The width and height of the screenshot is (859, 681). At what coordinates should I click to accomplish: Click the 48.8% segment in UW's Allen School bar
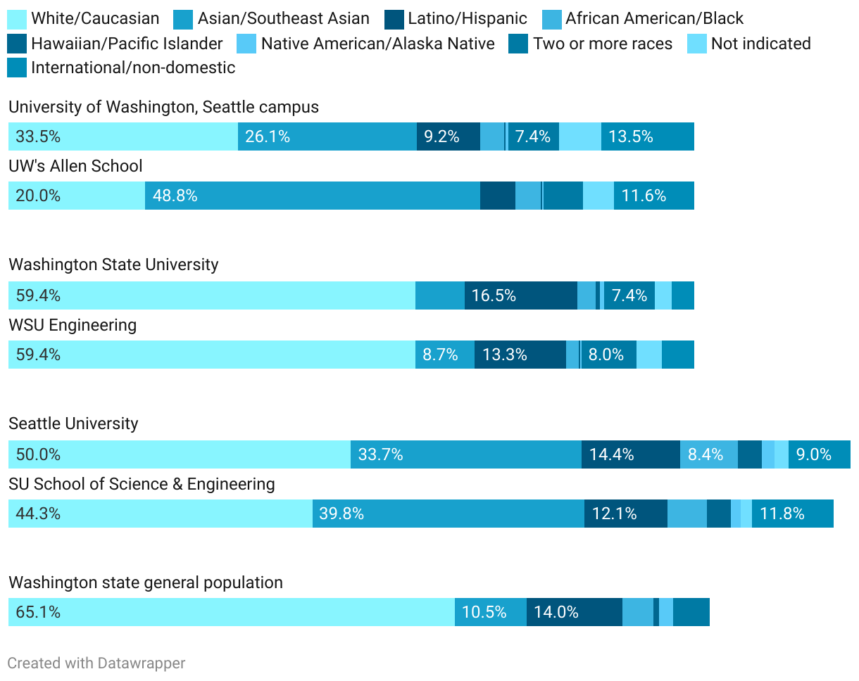point(312,196)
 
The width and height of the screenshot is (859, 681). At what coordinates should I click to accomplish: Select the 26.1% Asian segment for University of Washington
point(327,136)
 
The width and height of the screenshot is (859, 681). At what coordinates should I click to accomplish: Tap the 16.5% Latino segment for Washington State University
point(520,295)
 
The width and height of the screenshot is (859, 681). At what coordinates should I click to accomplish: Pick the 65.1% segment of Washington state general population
point(231,612)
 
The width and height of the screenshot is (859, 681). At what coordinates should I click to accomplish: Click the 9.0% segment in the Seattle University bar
point(819,454)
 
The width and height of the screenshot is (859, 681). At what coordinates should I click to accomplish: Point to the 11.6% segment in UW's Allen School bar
point(653,196)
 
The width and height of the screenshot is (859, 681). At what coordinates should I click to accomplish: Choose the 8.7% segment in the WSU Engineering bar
point(444,355)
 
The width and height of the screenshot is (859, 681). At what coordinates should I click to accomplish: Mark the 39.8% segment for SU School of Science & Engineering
point(448,514)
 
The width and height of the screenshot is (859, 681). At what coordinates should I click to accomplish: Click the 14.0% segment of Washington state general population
point(574,612)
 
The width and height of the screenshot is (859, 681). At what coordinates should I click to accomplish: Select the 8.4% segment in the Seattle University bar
point(708,454)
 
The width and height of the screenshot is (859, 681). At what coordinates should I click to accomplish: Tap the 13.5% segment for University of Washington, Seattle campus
point(647,136)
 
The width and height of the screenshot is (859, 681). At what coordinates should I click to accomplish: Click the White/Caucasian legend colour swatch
point(17,19)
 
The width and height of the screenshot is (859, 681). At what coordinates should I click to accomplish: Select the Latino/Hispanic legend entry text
point(468,19)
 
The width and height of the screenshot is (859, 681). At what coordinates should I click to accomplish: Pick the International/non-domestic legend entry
point(133,68)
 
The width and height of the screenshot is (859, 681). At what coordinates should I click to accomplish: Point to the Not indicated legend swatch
point(697,44)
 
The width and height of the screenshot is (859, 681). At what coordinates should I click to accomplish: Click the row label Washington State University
point(113,265)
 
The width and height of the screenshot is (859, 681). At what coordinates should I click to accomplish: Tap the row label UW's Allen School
point(75,166)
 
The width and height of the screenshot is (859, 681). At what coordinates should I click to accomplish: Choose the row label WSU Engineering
point(73,325)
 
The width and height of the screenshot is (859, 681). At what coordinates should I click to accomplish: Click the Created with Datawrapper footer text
point(96,663)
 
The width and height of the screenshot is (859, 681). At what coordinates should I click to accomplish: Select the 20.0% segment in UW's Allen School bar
point(76,196)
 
